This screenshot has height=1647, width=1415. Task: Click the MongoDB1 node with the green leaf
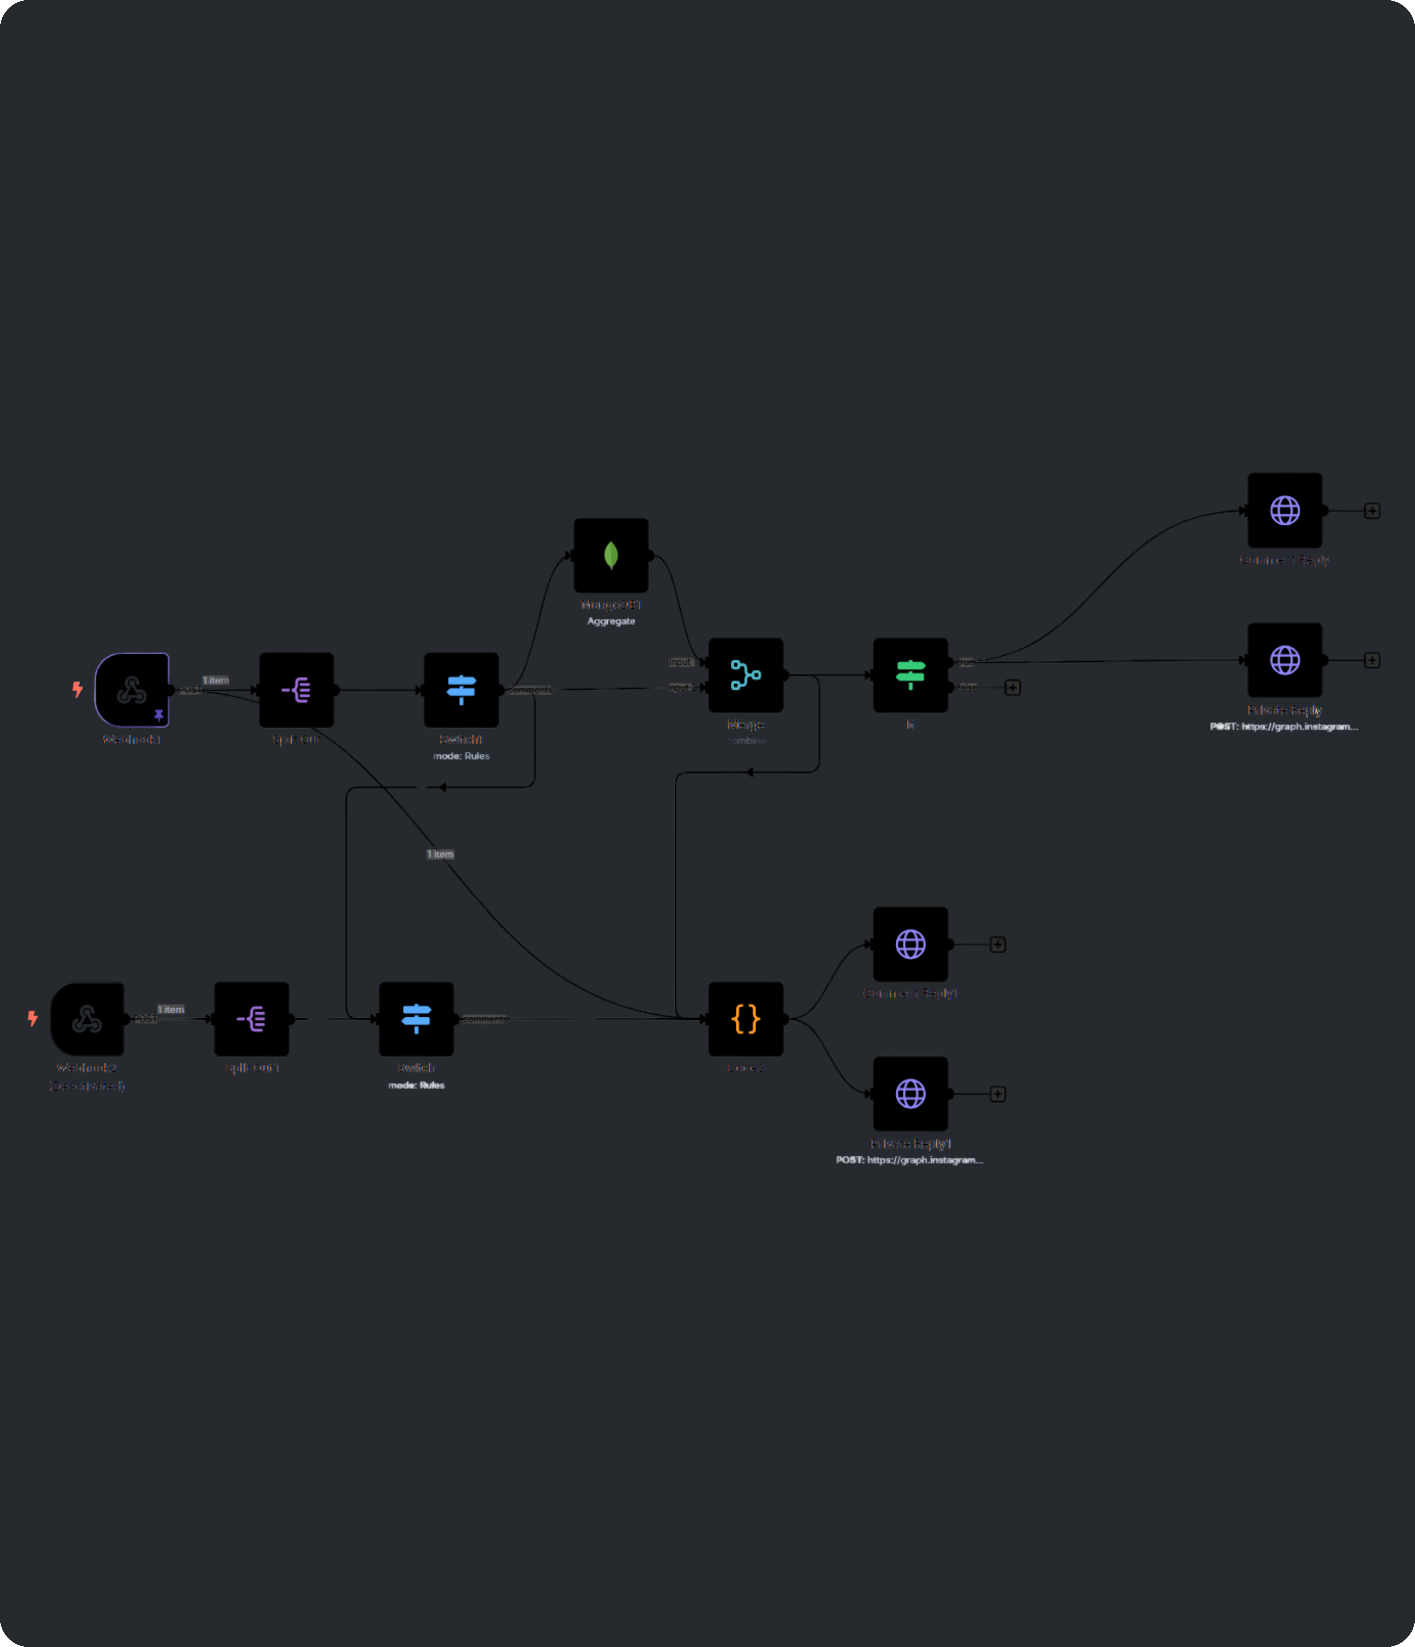[610, 555]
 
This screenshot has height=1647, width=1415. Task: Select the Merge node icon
[745, 675]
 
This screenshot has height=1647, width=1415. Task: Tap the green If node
[910, 675]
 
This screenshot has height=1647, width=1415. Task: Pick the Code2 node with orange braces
[745, 1018]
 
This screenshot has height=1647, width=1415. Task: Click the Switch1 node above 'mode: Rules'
[461, 689]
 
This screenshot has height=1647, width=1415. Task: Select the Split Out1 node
[251, 1018]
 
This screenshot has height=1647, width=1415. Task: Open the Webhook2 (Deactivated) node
[87, 1018]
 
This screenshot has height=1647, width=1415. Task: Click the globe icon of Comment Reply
[1285, 510]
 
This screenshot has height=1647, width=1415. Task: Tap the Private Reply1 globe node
[910, 1094]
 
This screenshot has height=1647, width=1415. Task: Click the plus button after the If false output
[1012, 688]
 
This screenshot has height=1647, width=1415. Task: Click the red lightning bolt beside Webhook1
[77, 689]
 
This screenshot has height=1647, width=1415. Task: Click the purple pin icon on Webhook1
[159, 715]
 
